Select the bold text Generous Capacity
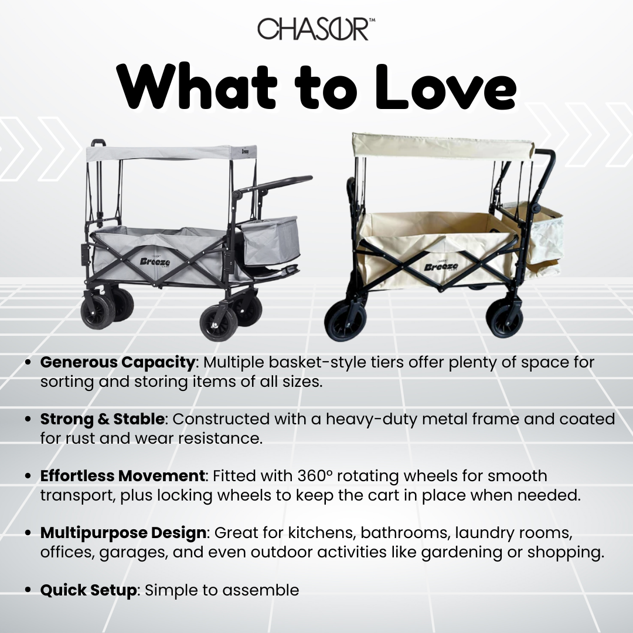click(x=117, y=362)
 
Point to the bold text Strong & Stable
click(x=102, y=419)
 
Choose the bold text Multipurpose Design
click(x=123, y=533)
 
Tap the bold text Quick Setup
click(x=88, y=590)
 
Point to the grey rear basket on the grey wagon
click(x=271, y=240)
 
